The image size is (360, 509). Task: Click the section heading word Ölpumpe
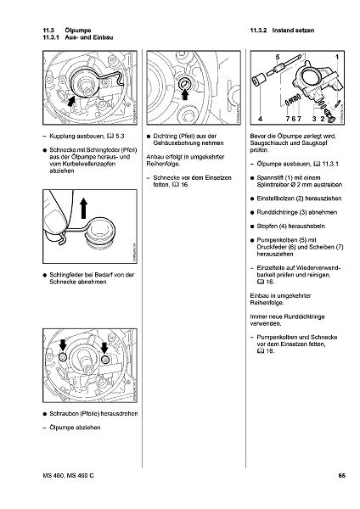[77, 31]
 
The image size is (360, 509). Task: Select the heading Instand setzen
[293, 31]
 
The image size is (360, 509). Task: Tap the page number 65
[341, 476]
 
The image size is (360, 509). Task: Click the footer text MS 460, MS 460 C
[68, 476]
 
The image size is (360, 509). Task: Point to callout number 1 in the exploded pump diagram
[337, 58]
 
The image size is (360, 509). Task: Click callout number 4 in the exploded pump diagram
[261, 119]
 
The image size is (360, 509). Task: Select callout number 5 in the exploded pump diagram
[278, 57]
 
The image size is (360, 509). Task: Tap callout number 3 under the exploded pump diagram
[314, 119]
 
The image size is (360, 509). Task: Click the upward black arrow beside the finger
[84, 209]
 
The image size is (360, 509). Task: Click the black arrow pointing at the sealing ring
[185, 94]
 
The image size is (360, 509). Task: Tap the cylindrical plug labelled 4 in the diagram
[259, 81]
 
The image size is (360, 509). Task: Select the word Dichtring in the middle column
[165, 137]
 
